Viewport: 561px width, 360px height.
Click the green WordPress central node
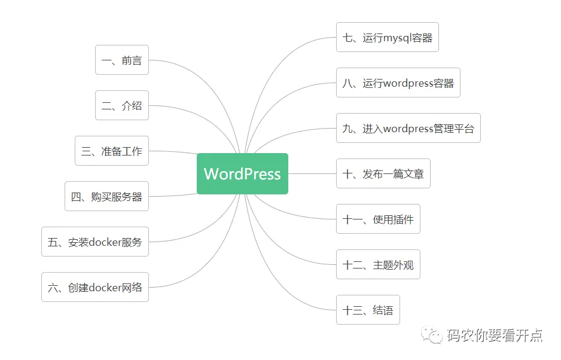(242, 173)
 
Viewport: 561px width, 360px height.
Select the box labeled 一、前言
(121, 60)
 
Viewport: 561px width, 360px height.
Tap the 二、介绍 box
(121, 105)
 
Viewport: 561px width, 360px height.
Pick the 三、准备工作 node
(112, 151)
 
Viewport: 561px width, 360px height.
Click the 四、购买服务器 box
(106, 196)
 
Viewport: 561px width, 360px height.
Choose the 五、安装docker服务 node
(95, 242)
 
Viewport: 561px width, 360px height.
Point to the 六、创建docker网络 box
(95, 287)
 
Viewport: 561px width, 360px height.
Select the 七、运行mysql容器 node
(388, 37)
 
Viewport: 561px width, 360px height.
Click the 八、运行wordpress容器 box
(398, 83)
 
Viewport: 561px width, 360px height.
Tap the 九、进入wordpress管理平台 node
(408, 128)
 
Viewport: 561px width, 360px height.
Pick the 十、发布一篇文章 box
(383, 173)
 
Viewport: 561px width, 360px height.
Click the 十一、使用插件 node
(378, 219)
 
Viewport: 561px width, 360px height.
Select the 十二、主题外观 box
(378, 264)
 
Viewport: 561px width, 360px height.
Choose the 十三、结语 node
(368, 310)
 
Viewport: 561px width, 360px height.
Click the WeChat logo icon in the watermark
(431, 335)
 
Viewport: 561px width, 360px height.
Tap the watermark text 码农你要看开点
(495, 335)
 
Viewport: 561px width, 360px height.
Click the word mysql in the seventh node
(397, 38)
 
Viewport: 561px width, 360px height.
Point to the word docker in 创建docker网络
(105, 288)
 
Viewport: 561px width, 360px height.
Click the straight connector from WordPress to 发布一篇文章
(312, 173)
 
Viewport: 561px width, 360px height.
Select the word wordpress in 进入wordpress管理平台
(408, 129)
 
